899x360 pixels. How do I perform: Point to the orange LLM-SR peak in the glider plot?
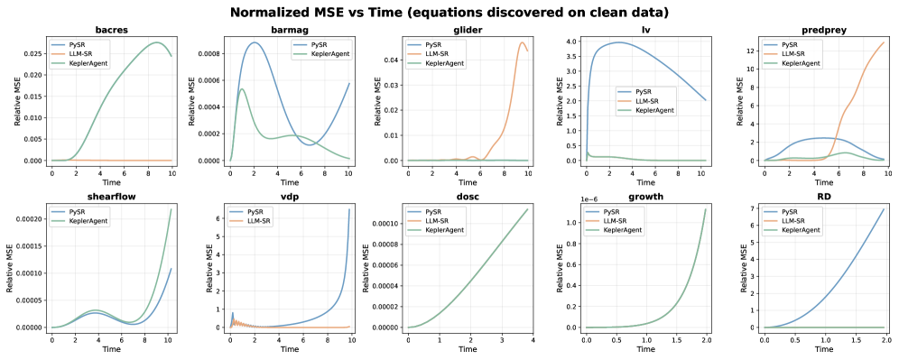coord(523,42)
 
